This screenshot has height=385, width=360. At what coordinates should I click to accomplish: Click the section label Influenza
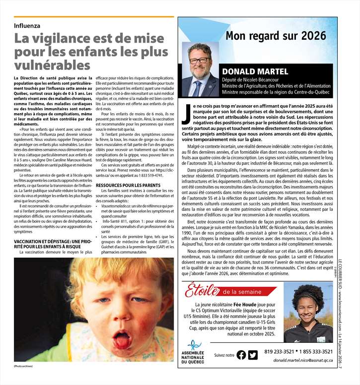pos(27,25)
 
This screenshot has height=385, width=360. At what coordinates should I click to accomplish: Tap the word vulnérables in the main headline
pos(52,65)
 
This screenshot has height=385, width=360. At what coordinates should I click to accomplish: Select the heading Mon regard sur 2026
pos(276,35)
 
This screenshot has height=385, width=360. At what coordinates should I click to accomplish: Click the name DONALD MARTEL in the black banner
pos(255,71)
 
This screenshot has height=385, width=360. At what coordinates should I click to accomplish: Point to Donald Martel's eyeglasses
pos(200,60)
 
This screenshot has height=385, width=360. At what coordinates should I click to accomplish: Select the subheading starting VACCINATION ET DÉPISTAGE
pos(51,244)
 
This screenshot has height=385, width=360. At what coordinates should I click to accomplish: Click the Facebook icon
pos(241,355)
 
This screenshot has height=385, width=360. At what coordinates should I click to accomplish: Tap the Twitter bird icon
pos(253,355)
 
